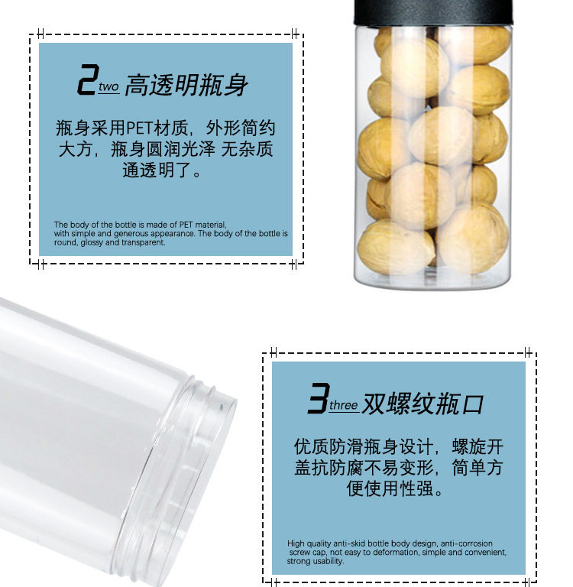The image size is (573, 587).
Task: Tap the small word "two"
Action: click(x=109, y=87)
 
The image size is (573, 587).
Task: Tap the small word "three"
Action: click(x=343, y=406)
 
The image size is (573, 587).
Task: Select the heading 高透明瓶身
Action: click(x=186, y=84)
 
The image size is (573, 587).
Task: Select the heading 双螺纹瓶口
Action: click(x=422, y=403)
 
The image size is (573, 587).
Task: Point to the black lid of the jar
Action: click(x=432, y=11)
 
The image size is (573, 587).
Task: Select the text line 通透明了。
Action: click(x=164, y=170)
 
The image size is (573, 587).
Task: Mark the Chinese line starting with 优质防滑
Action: click(x=398, y=446)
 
